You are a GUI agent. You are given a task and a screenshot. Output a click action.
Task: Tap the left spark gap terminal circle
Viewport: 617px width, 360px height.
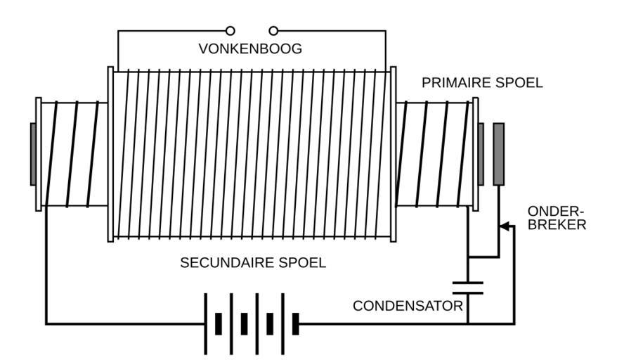pos(230,30)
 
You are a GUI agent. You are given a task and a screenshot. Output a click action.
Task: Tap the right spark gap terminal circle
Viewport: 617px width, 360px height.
pos(273,30)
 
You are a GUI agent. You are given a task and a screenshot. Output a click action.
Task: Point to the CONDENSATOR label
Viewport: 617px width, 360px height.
pos(408,306)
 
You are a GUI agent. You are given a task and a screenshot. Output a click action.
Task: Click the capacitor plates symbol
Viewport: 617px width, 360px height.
pos(468,286)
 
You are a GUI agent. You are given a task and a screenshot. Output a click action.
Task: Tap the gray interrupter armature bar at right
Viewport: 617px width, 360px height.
pos(499,154)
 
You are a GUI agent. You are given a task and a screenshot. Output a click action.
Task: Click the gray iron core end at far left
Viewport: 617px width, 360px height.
pos(33,154)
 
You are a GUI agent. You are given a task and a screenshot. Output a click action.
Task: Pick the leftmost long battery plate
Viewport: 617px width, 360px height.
pos(205,323)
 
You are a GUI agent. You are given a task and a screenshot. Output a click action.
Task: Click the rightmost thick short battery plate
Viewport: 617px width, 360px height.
pos(296,323)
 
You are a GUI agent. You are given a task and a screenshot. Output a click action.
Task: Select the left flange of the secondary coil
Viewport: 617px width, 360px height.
pos(110,154)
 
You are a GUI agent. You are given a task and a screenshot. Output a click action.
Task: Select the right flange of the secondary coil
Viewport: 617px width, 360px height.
pos(393,154)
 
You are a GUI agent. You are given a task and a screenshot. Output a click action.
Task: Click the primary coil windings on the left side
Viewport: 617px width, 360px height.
pos(74,154)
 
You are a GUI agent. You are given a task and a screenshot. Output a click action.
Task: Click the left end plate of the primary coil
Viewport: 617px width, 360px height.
pos(39,154)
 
